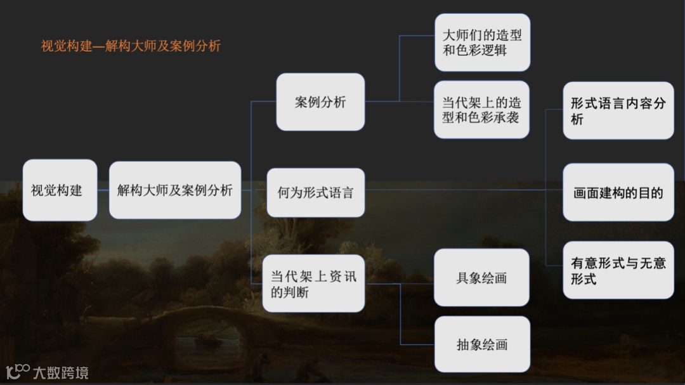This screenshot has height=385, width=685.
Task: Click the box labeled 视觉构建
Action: [60, 190]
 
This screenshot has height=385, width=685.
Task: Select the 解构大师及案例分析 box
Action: [174, 190]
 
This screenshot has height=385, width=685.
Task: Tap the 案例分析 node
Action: [320, 102]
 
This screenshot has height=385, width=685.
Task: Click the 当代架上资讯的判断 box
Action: [313, 284]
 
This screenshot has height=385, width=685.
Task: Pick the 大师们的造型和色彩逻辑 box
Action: [482, 42]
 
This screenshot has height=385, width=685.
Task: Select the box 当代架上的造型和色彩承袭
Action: [481, 110]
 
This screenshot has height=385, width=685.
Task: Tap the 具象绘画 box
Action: [481, 278]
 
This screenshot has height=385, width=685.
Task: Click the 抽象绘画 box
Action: [482, 344]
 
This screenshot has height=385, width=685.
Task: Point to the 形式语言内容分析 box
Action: [618, 110]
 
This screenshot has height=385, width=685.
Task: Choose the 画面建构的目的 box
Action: [618, 193]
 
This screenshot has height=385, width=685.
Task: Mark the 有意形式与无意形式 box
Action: [618, 270]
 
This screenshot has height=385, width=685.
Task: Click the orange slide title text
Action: [131, 46]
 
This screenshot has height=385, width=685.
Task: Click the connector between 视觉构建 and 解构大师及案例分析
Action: [103, 190]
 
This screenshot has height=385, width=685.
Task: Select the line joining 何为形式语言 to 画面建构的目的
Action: [463, 190]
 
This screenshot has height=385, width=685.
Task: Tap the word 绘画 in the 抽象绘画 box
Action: [495, 344]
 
